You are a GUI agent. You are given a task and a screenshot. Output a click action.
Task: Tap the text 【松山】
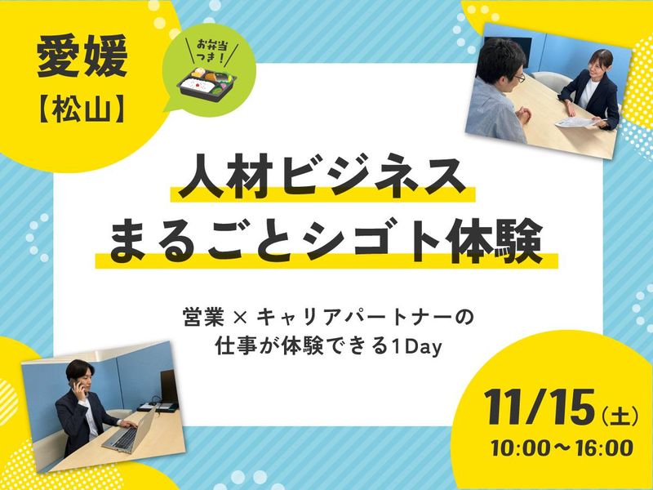(x=82, y=111)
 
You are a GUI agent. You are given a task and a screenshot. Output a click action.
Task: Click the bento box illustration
(x=207, y=84)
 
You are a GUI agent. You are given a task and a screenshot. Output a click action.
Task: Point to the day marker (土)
(x=620, y=416)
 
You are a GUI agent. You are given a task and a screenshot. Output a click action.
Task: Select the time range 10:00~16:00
(x=562, y=448)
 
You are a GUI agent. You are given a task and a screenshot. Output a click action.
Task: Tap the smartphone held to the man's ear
(x=76, y=386)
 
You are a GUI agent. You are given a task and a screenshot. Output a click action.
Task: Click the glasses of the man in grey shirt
(x=519, y=78)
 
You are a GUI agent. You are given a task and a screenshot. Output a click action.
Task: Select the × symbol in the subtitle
(x=241, y=319)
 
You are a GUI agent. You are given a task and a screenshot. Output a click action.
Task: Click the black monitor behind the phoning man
(x=169, y=386)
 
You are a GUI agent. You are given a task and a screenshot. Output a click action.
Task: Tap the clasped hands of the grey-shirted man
(x=523, y=114)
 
